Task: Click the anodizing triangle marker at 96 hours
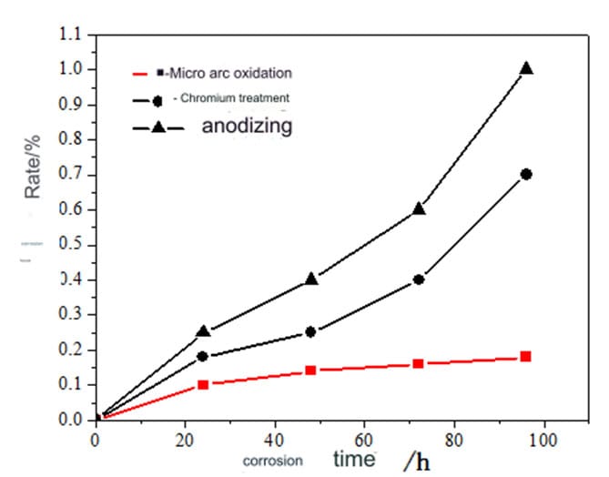[x=525, y=68]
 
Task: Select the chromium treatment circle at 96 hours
[x=525, y=174]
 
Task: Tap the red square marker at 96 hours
[x=525, y=356]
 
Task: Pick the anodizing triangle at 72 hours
[x=419, y=208]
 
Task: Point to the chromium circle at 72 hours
[x=419, y=279]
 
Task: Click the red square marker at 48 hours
[x=311, y=370]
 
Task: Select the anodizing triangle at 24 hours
[x=204, y=331]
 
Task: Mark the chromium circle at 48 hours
[x=311, y=331]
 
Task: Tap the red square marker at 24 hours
[x=204, y=384]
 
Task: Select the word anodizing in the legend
[x=248, y=126]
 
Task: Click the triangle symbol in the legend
[x=157, y=127]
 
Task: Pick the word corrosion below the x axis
[x=272, y=462]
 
